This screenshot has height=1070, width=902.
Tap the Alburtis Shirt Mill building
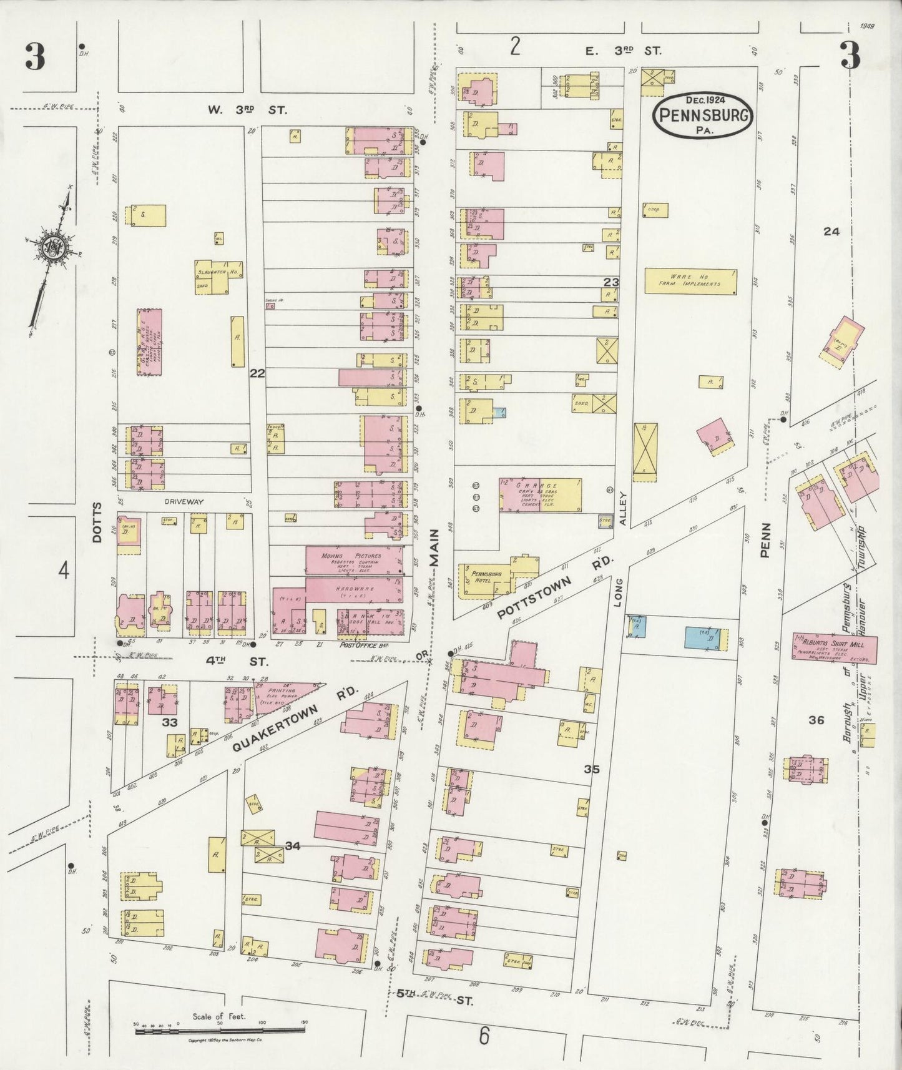[835, 649]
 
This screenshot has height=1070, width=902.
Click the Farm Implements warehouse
[690, 282]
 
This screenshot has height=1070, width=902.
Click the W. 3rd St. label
[247, 110]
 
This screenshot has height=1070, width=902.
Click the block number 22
[257, 373]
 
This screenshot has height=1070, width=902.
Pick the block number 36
[816, 720]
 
